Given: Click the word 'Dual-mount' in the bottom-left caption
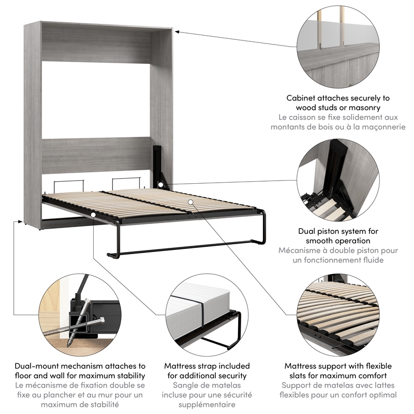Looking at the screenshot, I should click(36, 366).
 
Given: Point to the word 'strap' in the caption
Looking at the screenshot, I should click(204, 366).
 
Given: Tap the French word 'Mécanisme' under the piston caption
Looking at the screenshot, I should click(300, 250).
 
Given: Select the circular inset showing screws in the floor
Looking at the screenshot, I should click(80, 315).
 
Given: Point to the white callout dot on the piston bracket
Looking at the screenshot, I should click(161, 184).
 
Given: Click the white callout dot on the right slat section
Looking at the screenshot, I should click(191, 202).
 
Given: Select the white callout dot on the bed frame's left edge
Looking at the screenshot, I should click(93, 214).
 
